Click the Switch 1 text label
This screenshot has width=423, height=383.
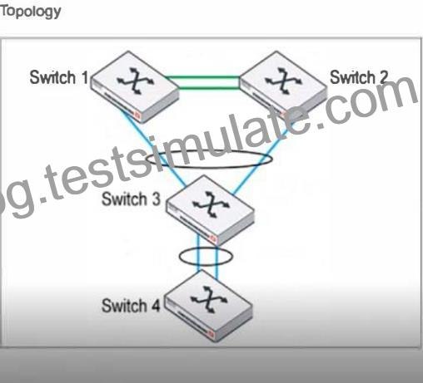pyautogui.click(x=59, y=77)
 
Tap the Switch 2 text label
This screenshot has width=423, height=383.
pyautogui.click(x=359, y=76)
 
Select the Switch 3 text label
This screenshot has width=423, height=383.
pyautogui.click(x=132, y=199)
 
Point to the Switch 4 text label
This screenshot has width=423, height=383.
pyautogui.click(x=131, y=306)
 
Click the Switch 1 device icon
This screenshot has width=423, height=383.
pyautogui.click(x=135, y=86)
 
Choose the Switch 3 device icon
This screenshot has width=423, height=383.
pyautogui.click(x=210, y=210)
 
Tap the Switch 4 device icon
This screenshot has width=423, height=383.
pyautogui.click(x=209, y=306)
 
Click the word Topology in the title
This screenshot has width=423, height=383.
pyautogui.click(x=31, y=12)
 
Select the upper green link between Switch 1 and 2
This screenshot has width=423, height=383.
pyautogui.click(x=203, y=77)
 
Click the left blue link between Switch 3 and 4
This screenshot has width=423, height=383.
pyautogui.click(x=198, y=253)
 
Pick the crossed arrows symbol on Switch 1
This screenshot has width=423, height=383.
pyautogui.click(x=135, y=81)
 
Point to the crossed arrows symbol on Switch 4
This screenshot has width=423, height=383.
pyautogui.click(x=209, y=300)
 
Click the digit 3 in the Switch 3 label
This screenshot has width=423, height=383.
pyautogui.click(x=156, y=199)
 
